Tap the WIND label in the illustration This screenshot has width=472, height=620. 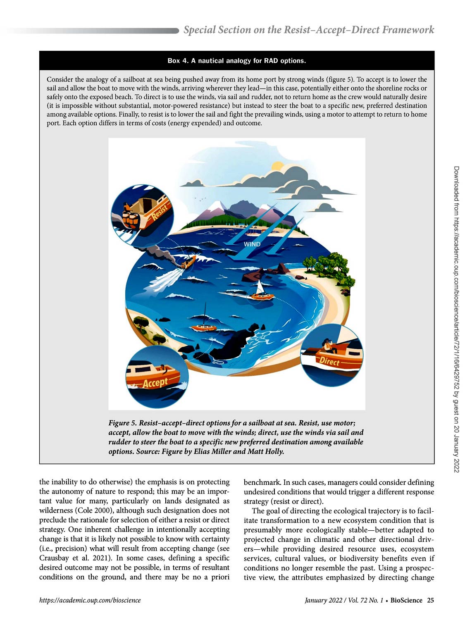pos(252,244)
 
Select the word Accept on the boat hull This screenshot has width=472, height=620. pos(155,383)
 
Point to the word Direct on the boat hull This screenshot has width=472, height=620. pos(329,361)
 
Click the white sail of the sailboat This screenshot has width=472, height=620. pos(260,287)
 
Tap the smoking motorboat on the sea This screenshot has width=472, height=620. pos(188,262)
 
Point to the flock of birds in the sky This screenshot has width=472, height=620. pos(200,199)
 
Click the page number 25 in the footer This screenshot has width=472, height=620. pos(430,600)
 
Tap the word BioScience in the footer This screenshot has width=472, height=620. pos(406,600)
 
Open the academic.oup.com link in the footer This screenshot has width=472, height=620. pos(90,600)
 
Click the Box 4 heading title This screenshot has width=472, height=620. pos(236,61)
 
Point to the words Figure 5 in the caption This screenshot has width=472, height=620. pos(122,423)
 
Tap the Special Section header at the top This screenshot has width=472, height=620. pos(309,30)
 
